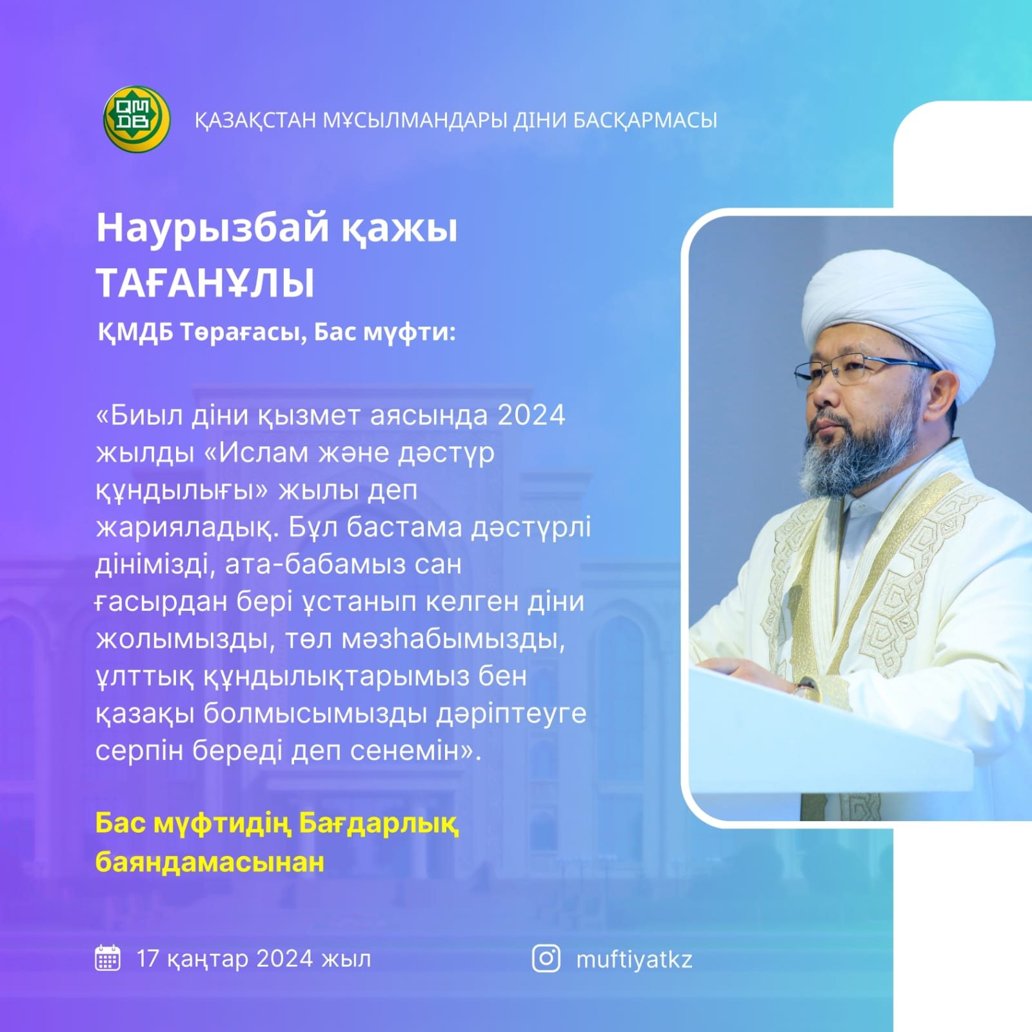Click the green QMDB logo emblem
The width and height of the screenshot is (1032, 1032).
coord(137,119)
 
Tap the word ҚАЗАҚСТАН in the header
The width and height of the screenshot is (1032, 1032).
coord(255,121)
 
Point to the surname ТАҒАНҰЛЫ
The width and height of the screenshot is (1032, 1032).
coord(205,283)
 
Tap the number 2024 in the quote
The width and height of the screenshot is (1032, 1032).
coord(531,415)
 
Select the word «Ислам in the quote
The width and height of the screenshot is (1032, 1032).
coord(256,452)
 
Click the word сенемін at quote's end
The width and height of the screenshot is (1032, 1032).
coord(392,751)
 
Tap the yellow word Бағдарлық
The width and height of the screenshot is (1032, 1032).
coord(379,824)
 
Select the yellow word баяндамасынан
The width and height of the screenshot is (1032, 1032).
coord(210,862)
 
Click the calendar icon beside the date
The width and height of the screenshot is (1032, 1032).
coord(108,958)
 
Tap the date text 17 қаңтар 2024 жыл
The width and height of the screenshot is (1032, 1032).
coord(253,959)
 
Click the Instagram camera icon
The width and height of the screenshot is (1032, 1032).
coord(546,958)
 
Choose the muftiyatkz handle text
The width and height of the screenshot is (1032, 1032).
coord(634,960)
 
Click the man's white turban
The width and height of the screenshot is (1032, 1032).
coord(897,319)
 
